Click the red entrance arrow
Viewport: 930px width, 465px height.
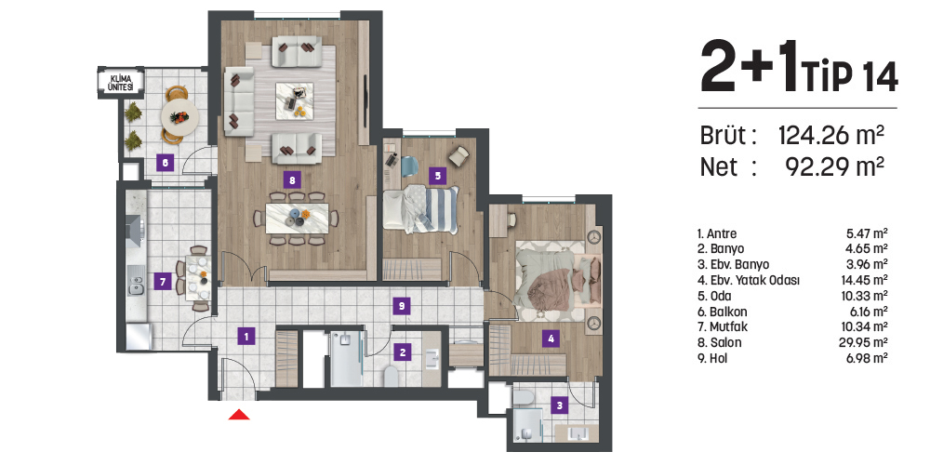[x=239, y=414]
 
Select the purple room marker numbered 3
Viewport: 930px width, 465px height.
[x=559, y=406]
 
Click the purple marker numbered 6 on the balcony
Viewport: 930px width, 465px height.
[x=165, y=162]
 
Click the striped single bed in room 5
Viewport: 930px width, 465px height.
[x=421, y=208]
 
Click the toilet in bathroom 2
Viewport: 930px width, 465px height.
[x=392, y=376]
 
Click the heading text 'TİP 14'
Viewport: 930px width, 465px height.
[x=850, y=77]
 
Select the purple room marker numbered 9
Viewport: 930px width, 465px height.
[x=402, y=306]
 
